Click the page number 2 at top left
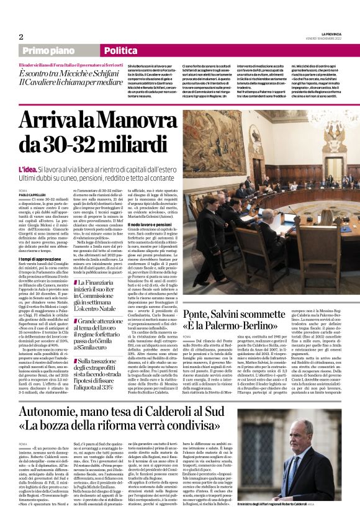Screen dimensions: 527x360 pyautogui.click(x=20, y=36)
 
